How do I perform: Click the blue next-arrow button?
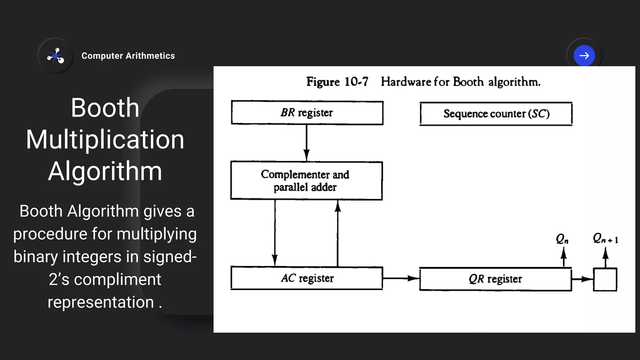(584, 56)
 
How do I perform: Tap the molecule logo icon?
(56, 56)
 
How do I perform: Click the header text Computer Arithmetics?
(128, 56)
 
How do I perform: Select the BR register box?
(307, 113)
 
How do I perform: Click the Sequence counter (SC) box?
(496, 114)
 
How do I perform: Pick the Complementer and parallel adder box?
(306, 181)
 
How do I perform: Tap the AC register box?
(307, 278)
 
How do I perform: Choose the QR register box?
(495, 279)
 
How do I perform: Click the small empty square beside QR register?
(605, 279)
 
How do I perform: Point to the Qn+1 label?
(605, 239)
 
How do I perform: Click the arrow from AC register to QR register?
(401, 278)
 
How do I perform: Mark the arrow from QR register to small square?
(582, 279)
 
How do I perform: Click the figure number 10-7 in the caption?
(356, 82)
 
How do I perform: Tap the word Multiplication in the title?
(105, 139)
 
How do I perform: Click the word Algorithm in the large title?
(105, 171)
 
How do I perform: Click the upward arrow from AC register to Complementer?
(338, 233)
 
